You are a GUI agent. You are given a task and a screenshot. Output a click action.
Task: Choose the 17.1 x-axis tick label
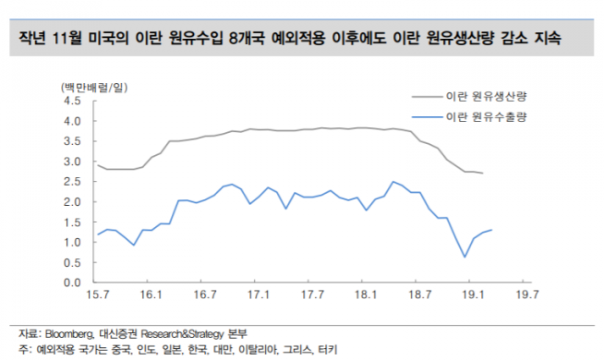pyautogui.click(x=259, y=295)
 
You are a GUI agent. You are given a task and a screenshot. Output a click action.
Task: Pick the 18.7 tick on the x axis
pyautogui.click(x=420, y=295)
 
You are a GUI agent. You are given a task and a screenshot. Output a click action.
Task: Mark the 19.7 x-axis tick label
pyautogui.click(x=527, y=295)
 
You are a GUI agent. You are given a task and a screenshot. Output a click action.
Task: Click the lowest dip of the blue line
pyautogui.click(x=465, y=257)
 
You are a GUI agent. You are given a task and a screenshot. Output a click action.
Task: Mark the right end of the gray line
pyautogui.click(x=482, y=174)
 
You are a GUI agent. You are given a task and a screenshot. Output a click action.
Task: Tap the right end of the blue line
pyautogui.click(x=491, y=230)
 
